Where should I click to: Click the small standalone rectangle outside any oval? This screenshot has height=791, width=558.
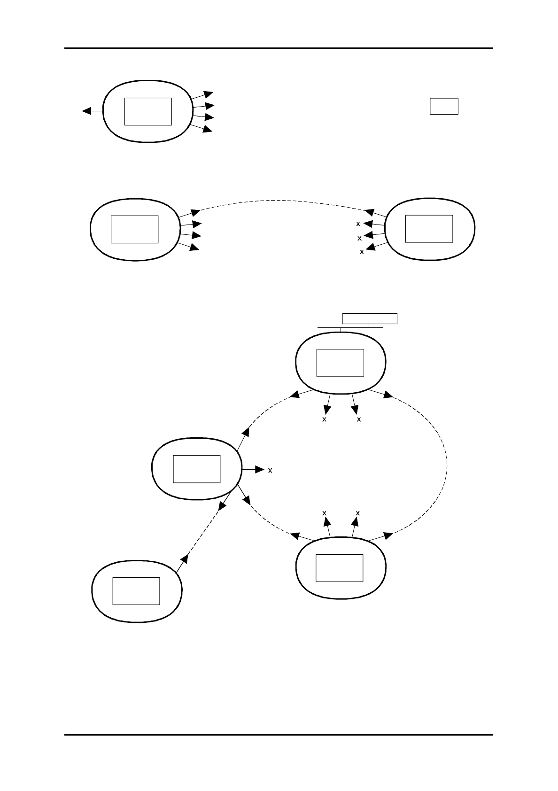pyautogui.click(x=444, y=106)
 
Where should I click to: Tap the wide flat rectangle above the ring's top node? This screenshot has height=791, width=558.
pyautogui.click(x=370, y=318)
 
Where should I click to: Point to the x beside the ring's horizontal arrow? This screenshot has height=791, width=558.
pyautogui.click(x=270, y=470)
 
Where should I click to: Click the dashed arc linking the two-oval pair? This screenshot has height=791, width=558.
pyautogui.click(x=282, y=201)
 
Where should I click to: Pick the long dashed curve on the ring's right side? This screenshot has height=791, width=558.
pyautogui.click(x=442, y=465)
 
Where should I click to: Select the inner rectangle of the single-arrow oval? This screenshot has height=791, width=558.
pyautogui.click(x=136, y=591)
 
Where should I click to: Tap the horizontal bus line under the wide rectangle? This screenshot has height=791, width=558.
pyautogui.click(x=350, y=327)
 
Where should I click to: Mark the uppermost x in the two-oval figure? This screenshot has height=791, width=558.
pyautogui.click(x=358, y=224)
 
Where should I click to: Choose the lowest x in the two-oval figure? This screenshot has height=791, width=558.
pyautogui.click(x=361, y=252)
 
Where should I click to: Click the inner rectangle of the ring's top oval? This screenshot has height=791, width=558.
pyautogui.click(x=340, y=363)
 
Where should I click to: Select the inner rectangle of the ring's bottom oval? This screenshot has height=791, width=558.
pyautogui.click(x=339, y=568)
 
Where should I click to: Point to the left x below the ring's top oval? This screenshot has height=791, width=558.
pyautogui.click(x=324, y=419)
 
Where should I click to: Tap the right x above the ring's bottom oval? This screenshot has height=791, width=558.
pyautogui.click(x=358, y=513)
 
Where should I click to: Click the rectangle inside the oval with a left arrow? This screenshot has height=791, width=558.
pyautogui.click(x=148, y=111)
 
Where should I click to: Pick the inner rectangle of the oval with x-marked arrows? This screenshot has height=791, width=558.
pyautogui.click(x=429, y=229)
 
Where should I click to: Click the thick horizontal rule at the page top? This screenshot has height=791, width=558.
pyautogui.click(x=279, y=48)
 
